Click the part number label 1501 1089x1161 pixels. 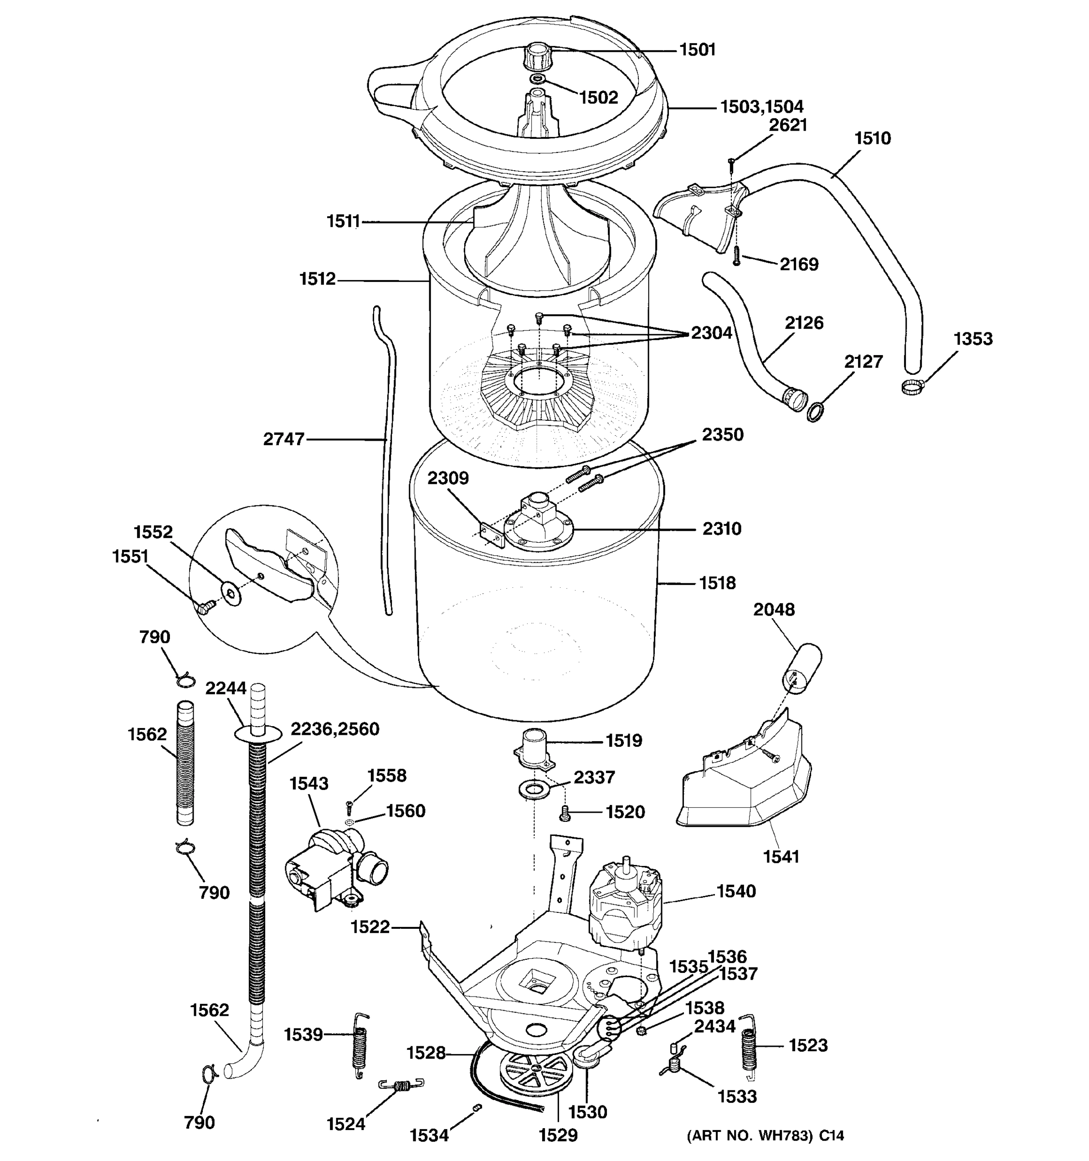click(697, 50)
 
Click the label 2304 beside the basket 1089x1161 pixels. click(711, 333)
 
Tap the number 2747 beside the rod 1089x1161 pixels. click(284, 439)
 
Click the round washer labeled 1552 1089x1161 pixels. click(233, 595)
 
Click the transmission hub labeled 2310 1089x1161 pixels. click(538, 522)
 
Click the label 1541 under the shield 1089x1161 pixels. click(781, 857)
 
